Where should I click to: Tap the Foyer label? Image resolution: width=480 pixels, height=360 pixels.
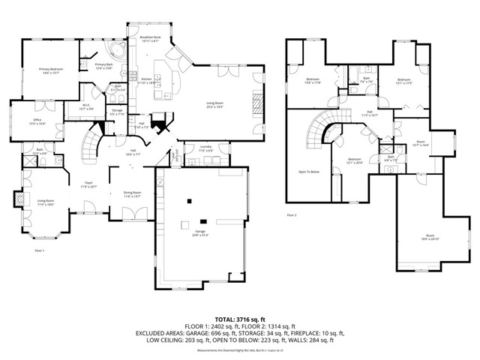(88, 184)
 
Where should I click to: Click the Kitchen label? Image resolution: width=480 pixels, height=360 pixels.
(147, 79)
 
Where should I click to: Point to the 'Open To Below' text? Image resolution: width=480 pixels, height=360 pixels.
(309, 172)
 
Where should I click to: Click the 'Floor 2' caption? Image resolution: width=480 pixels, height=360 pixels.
(291, 215)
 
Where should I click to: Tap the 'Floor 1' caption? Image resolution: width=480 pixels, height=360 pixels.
(39, 250)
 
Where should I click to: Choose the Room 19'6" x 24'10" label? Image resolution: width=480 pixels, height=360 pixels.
(428, 237)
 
